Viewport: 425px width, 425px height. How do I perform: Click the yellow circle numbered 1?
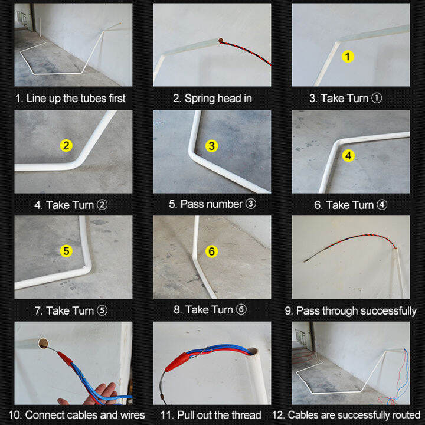(x=348, y=57)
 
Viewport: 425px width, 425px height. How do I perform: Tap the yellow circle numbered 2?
(x=67, y=145)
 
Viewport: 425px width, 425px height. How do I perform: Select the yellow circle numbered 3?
(x=212, y=145)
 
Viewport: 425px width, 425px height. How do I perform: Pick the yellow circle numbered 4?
(x=349, y=156)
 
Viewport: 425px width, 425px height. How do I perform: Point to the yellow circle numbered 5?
(x=67, y=251)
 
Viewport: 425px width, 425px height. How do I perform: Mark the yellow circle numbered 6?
(x=212, y=251)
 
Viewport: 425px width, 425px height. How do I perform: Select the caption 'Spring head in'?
(x=212, y=98)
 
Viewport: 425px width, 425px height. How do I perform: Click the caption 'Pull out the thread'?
(x=212, y=415)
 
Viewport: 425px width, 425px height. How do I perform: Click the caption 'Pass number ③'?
(x=212, y=204)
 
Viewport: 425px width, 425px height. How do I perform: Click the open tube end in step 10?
(x=43, y=344)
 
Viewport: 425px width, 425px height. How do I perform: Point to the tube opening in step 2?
(x=220, y=41)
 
